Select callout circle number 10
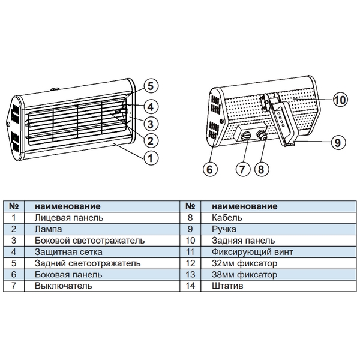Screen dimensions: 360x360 coord(340,100)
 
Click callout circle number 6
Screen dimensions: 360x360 coord(209,169)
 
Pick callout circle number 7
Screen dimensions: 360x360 coord(242,169)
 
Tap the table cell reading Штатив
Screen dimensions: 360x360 coord(225,286)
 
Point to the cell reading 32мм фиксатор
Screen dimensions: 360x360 coord(239,263)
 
